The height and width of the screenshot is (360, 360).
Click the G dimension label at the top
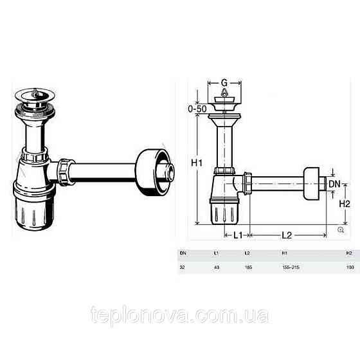(x=224, y=83)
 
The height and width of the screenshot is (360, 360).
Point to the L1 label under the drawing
(x=237, y=235)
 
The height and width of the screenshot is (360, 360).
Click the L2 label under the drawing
(x=287, y=235)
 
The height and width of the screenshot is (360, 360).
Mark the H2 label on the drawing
(x=345, y=203)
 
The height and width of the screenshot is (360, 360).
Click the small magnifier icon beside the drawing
(x=340, y=229)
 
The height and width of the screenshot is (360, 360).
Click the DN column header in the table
(x=183, y=253)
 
